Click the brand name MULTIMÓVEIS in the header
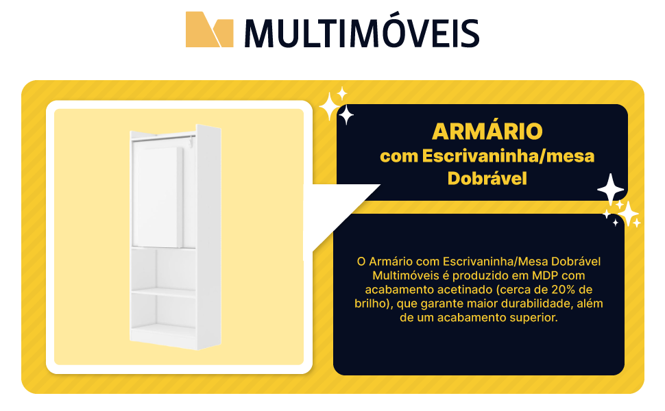click(361, 32)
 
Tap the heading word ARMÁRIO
click(487, 131)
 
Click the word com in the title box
click(398, 156)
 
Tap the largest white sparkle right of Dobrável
click(610, 188)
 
